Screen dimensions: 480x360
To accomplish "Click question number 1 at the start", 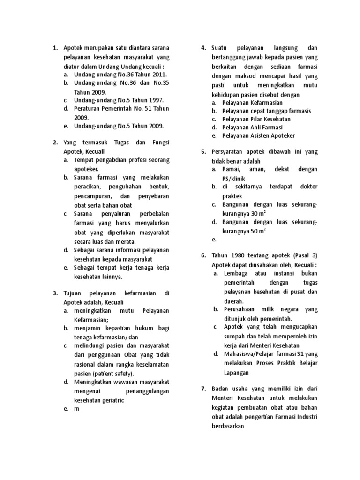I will (x=55, y=48).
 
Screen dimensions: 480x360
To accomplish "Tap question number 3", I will (x=55, y=293).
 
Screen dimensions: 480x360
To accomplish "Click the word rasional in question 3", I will (x=86, y=364).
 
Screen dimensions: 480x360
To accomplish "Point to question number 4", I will (x=203, y=48).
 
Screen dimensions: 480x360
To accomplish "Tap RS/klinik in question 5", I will (x=238, y=178).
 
